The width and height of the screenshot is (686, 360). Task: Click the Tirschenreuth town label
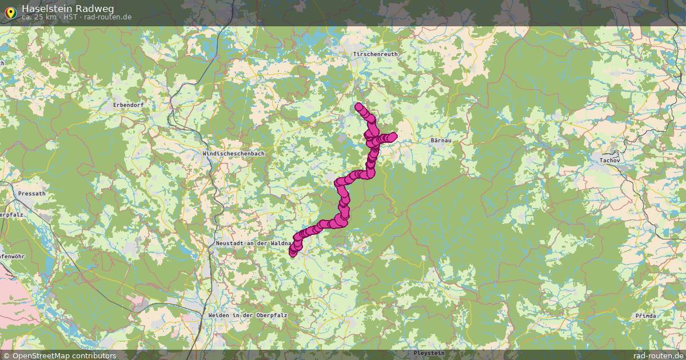point(375,54)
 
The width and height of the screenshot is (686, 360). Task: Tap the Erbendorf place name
point(128,105)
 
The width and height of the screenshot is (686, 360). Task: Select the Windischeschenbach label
point(233,154)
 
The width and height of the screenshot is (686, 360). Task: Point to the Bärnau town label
point(441,140)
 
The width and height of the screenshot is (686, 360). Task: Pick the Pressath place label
point(32,194)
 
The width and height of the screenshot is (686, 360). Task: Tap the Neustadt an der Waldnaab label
point(254,243)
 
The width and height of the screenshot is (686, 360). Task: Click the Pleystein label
point(429,354)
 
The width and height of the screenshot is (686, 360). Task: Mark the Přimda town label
point(646,316)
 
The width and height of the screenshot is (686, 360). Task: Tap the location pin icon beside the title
point(10,11)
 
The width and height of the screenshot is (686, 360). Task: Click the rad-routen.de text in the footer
point(658,355)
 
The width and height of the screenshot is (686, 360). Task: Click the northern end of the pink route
point(359,106)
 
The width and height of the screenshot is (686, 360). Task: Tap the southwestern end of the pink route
point(293,253)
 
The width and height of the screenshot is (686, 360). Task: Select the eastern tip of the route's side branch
point(393,136)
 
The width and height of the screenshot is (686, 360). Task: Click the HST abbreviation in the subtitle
point(71,17)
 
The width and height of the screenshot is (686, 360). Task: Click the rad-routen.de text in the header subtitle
point(107,17)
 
